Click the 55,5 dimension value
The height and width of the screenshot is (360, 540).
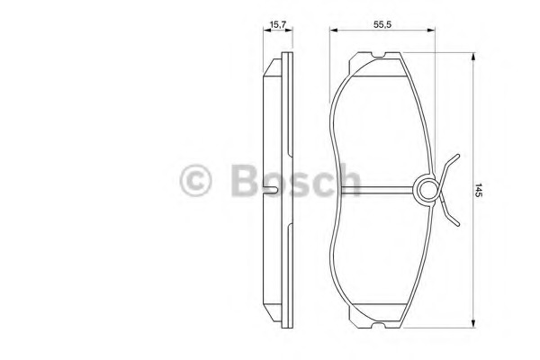coord(382,24)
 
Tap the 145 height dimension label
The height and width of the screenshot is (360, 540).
coord(479,190)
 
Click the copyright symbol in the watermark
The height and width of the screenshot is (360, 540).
coord(195,181)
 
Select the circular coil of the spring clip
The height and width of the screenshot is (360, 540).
coord(428,190)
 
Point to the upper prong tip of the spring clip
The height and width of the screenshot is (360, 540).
coord(458,156)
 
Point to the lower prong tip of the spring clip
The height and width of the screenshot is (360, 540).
coord(458,224)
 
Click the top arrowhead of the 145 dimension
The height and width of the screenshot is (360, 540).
coord(473,57)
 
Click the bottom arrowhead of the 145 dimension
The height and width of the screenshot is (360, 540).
coord(473,323)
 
